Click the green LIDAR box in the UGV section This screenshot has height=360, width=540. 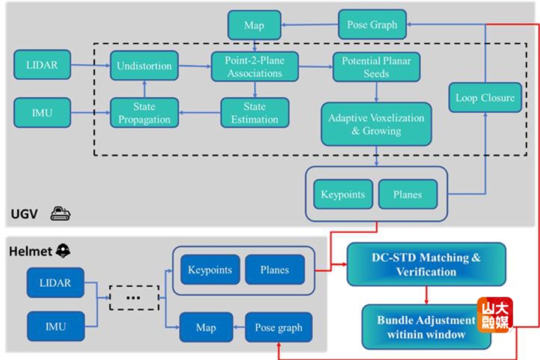click(42, 65)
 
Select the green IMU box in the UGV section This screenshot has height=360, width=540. click(42, 112)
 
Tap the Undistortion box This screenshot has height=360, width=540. click(144, 65)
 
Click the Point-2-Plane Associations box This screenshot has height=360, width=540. click(254, 67)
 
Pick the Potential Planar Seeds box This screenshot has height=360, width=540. click(376, 67)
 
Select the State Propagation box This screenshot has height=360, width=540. click(144, 113)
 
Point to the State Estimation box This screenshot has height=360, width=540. click(254, 113)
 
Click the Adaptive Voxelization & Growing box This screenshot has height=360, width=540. click(376, 124)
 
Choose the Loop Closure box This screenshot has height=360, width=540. click(485, 98)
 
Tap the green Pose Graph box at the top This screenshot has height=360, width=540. click(372, 25)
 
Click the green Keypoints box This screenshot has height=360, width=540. click(343, 194)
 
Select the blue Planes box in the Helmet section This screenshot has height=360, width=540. click(275, 270)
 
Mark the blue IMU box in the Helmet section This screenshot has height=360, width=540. click(55, 327)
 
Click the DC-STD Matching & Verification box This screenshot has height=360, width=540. click(426, 265)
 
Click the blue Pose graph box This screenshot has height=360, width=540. click(278, 328)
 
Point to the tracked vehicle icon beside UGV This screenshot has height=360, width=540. click(61, 213)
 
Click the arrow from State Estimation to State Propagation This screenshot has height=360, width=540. click(199, 112)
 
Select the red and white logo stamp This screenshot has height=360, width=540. click(494, 315)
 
